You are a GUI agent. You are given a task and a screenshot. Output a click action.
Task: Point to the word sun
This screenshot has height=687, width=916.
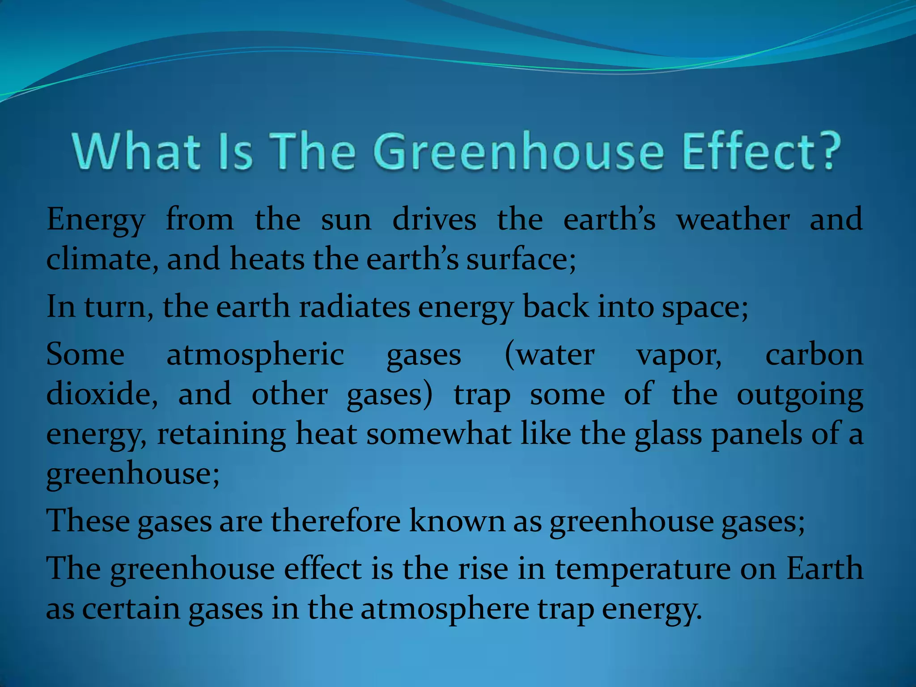click(x=346, y=220)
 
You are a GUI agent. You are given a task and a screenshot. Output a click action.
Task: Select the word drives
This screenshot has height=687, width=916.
click(x=434, y=220)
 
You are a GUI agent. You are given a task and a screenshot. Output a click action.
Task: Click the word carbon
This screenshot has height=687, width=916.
click(x=814, y=355)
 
